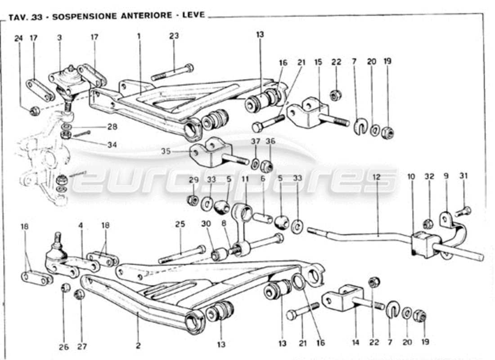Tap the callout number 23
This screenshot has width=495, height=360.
pos(174,36)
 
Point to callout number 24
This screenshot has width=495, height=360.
pos(18,39)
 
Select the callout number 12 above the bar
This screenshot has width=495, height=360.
pos(376,177)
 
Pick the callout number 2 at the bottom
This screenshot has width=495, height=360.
pos(138,346)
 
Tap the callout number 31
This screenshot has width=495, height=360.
pos(463,176)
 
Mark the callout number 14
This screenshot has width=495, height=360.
pos(355,342)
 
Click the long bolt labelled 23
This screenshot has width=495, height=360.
pos(172,72)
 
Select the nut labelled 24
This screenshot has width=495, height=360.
pos(35,111)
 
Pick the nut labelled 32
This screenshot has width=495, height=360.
pos(428,223)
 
